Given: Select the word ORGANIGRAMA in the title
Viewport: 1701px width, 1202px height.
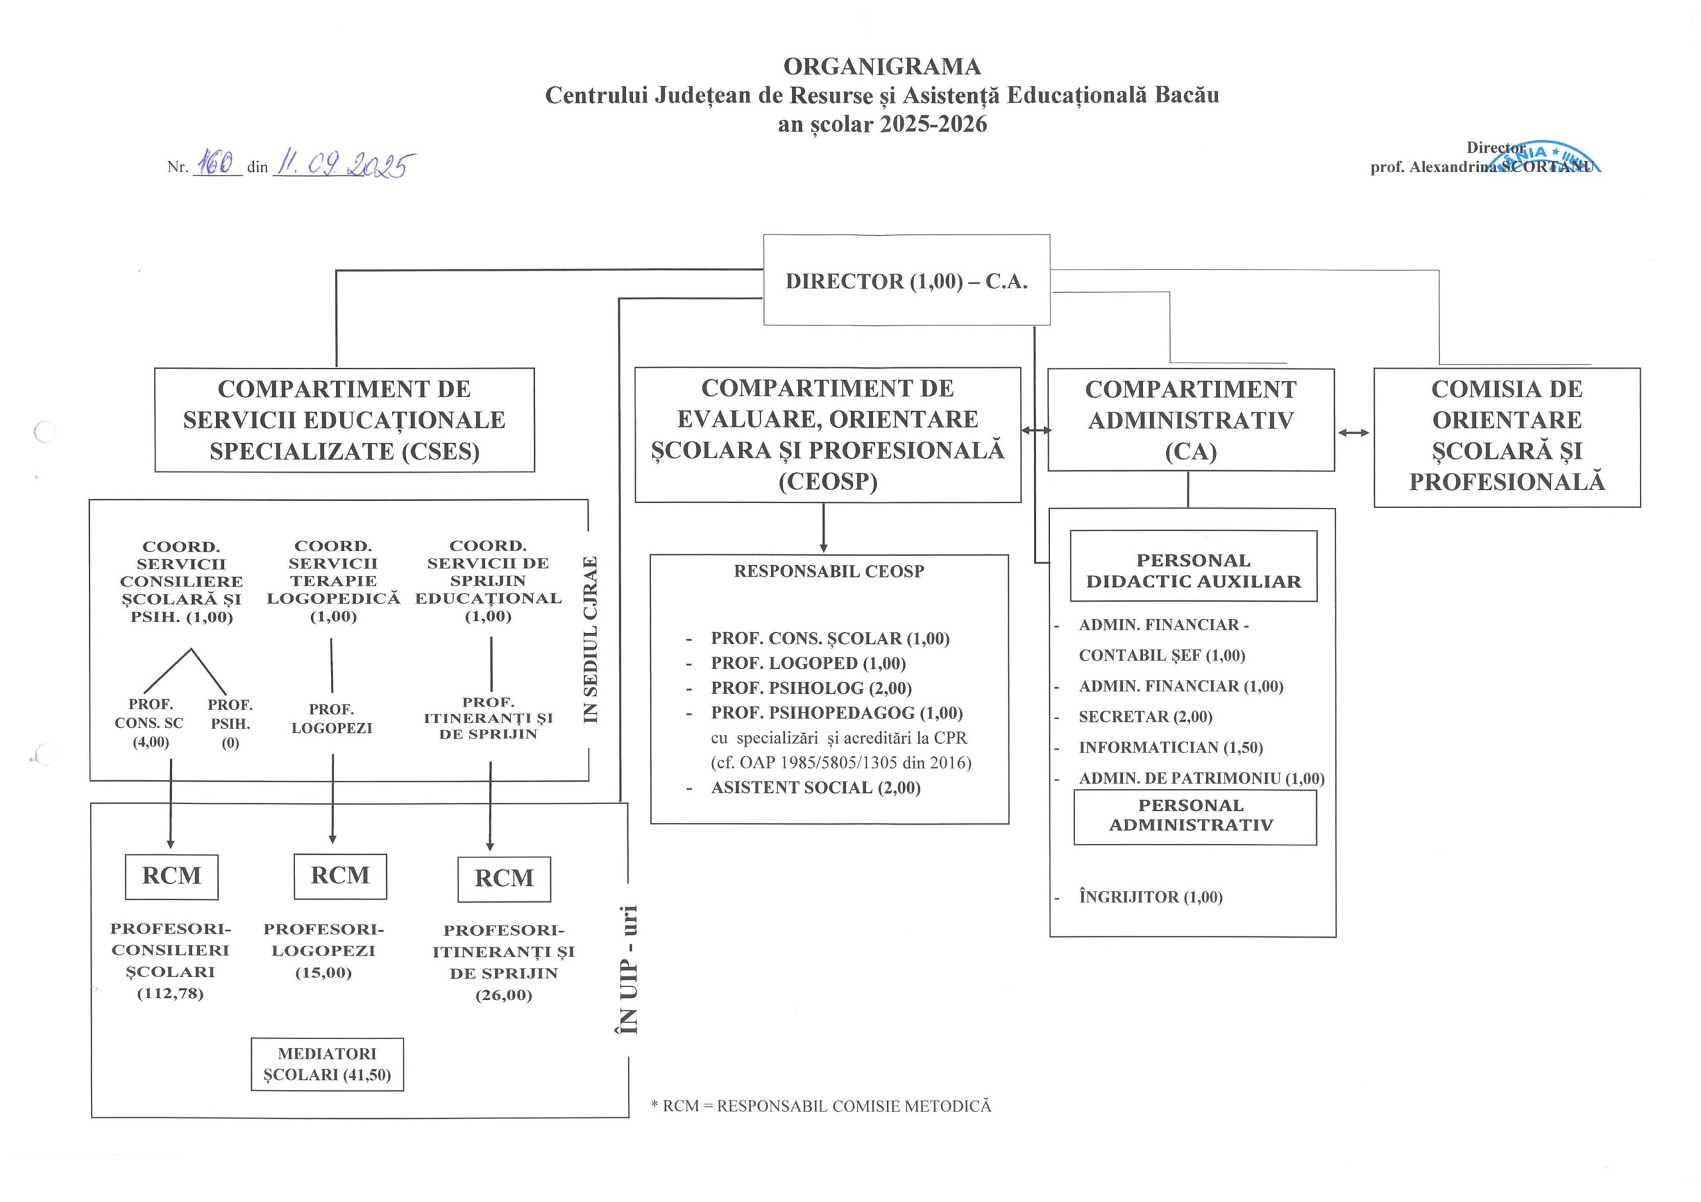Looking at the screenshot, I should (x=882, y=66).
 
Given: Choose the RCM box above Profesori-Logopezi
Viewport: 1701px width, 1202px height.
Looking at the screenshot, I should (x=340, y=875).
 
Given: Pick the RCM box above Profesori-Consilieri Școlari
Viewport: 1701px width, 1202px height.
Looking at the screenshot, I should (x=171, y=876).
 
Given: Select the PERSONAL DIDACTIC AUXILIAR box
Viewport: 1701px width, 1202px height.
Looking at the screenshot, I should (x=1193, y=570).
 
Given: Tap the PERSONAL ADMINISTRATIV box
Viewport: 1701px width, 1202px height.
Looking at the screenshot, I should (x=1194, y=816).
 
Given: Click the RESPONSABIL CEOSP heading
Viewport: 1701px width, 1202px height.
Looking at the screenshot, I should (x=829, y=571).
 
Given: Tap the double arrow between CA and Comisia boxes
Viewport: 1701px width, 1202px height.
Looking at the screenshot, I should (x=1353, y=432).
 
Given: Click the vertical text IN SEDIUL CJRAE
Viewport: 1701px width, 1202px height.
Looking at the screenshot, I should (x=591, y=639).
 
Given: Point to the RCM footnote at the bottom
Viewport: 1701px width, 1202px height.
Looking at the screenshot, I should (x=820, y=1106).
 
